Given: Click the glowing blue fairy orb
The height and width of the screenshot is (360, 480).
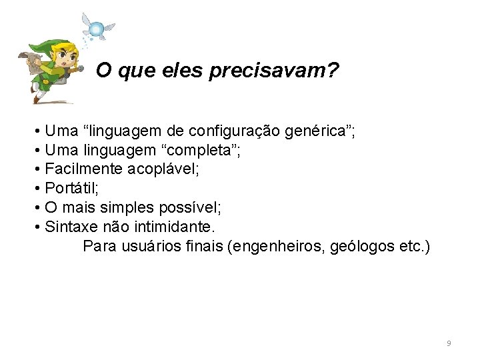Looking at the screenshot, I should click(97, 29).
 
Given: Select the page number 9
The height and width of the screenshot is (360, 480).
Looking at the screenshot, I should click(449, 343).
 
